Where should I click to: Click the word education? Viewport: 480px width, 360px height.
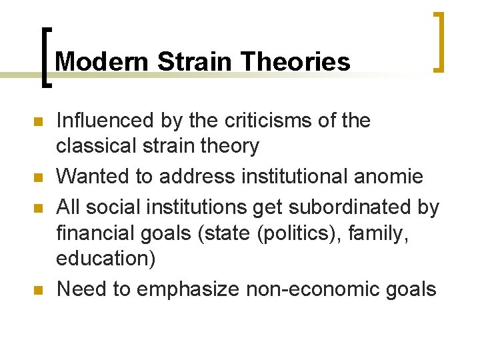pyautogui.click(x=106, y=258)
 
